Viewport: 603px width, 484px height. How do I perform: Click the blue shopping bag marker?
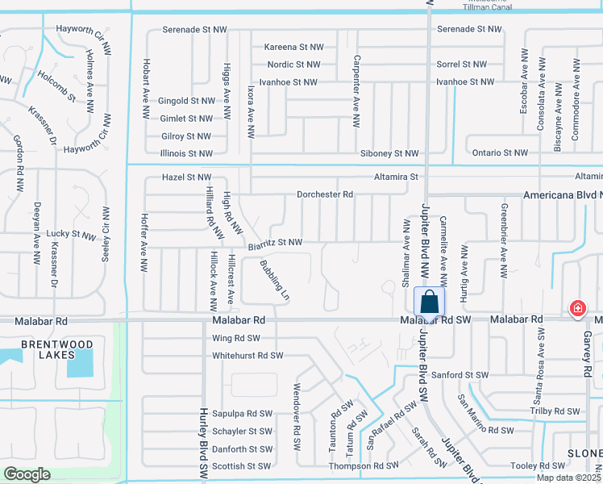[x=430, y=302]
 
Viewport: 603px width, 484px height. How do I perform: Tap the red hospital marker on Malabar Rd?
[x=577, y=308]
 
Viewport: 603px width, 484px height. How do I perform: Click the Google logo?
[x=26, y=474]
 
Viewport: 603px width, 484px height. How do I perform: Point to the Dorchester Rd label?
[x=325, y=194]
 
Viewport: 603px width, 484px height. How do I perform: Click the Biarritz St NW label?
[x=275, y=242]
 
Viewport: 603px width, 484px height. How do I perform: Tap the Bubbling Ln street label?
[x=274, y=280]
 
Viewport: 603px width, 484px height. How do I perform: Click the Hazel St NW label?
[x=186, y=177]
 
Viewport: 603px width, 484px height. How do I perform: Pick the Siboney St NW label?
[x=389, y=153]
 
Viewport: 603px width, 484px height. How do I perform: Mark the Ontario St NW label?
[x=499, y=152]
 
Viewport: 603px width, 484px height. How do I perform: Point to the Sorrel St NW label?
[x=461, y=64]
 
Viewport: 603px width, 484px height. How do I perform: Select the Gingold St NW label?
[x=187, y=101]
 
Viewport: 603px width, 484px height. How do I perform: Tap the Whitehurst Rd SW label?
[x=247, y=355]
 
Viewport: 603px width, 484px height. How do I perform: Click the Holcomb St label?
[x=56, y=86]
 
